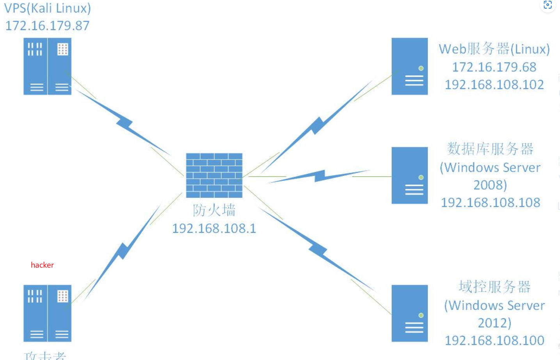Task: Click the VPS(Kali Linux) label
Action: click(x=47, y=8)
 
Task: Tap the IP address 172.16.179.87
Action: click(x=47, y=26)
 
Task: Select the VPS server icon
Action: click(x=47, y=66)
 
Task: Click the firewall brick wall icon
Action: click(x=214, y=175)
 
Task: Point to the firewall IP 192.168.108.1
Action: click(x=214, y=229)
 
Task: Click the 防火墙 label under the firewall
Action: click(x=214, y=210)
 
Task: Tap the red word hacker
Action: click(x=42, y=265)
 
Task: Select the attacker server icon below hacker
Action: click(x=47, y=313)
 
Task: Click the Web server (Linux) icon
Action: click(x=409, y=66)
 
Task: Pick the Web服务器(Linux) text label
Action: click(x=494, y=49)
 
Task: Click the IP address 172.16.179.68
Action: click(x=494, y=67)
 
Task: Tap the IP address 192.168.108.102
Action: click(x=494, y=85)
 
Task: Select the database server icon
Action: click(x=409, y=175)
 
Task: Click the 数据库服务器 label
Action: click(x=490, y=149)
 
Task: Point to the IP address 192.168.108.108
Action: click(x=490, y=202)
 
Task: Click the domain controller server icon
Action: click(x=409, y=313)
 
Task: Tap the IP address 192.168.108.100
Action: click(x=494, y=340)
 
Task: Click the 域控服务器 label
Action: click(x=494, y=287)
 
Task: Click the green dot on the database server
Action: click(x=421, y=177)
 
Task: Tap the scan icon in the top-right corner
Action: click(x=548, y=5)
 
